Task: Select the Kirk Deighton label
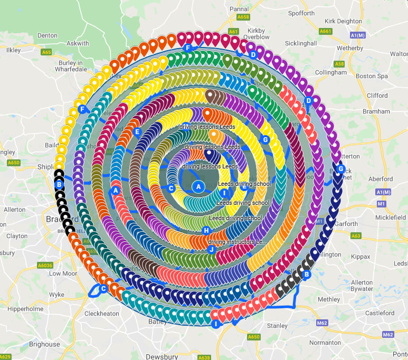(345, 21)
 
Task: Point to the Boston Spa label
(372, 76)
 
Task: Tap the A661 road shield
(326, 31)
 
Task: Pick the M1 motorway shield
(382, 203)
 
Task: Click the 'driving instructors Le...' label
(238, 242)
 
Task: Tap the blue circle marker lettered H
(206, 231)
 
